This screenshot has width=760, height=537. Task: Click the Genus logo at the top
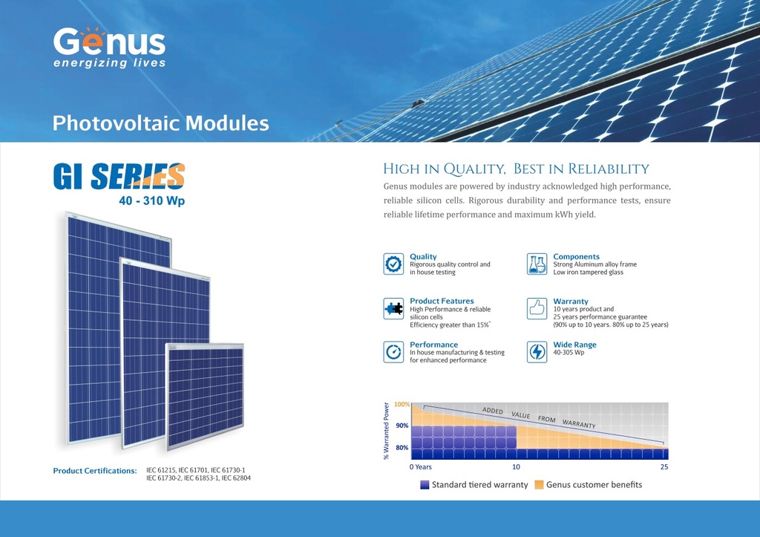[x=109, y=48]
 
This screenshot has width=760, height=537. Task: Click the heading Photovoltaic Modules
[x=160, y=123]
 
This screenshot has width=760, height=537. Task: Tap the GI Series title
[x=119, y=176]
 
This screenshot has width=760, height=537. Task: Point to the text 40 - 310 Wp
[x=151, y=201]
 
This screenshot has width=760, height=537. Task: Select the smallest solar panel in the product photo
[x=205, y=395]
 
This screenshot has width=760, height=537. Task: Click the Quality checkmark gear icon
[x=393, y=264]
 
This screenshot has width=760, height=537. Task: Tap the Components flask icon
[x=537, y=264]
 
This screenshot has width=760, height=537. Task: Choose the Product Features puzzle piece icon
[x=393, y=308]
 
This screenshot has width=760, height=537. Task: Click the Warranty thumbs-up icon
[x=537, y=308]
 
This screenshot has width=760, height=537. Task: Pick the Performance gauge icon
[x=393, y=352]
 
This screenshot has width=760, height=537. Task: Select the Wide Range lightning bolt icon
[x=537, y=352]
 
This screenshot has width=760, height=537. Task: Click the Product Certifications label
[x=95, y=471]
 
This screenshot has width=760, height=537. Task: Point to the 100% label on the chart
[x=402, y=404]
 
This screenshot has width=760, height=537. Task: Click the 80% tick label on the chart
[x=402, y=448]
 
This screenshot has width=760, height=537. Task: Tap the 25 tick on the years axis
[x=664, y=466]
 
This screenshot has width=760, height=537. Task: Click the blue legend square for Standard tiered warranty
[x=425, y=484]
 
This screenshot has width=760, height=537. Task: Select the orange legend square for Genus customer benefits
[x=539, y=484]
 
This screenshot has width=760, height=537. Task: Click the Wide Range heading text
[x=575, y=345]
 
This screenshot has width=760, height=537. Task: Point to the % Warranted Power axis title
[x=386, y=431]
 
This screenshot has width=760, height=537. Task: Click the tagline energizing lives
[x=110, y=63]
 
